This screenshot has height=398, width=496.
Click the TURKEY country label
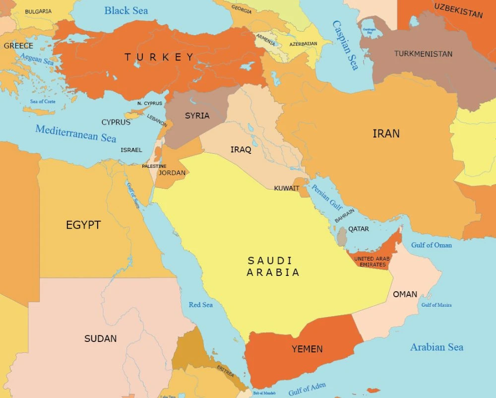(x=159, y=57)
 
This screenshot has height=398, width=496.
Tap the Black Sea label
(x=126, y=10)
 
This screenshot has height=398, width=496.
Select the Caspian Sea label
(x=345, y=45)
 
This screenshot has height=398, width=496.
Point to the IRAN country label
(x=386, y=133)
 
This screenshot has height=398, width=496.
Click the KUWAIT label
(x=287, y=188)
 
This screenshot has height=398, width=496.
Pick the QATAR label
(x=359, y=229)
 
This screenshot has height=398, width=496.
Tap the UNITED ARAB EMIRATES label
(x=372, y=262)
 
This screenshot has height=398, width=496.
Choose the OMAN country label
(x=405, y=294)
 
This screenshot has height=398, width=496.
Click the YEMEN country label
(x=307, y=349)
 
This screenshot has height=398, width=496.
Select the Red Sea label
(x=200, y=305)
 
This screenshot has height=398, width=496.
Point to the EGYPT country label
(x=83, y=225)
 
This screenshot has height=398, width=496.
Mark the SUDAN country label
(x=100, y=338)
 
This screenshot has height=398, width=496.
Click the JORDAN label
(x=172, y=173)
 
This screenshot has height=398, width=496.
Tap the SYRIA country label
(x=197, y=116)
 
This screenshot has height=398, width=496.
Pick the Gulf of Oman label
(x=431, y=245)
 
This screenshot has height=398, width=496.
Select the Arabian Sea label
(x=436, y=347)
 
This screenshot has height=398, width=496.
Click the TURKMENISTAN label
(x=423, y=54)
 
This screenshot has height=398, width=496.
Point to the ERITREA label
(x=225, y=371)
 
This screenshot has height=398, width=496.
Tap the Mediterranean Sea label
(x=75, y=133)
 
